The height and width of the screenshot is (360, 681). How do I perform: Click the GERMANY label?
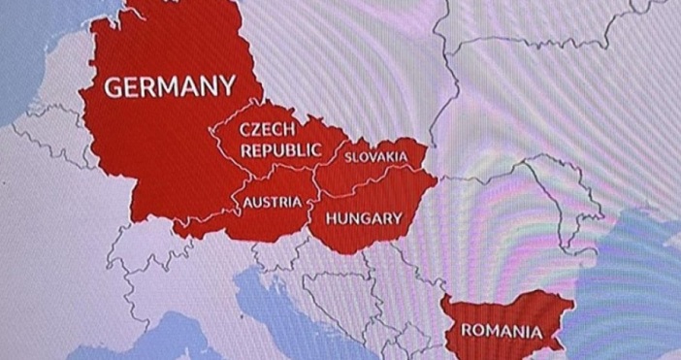coord(169,87)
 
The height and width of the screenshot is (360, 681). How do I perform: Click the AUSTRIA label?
coord(271,203)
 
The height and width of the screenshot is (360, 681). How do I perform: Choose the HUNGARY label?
coord(363,218)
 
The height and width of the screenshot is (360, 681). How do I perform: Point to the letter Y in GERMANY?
coord(226,87)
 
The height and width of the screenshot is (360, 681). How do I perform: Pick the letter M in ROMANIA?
coord(497,330)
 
